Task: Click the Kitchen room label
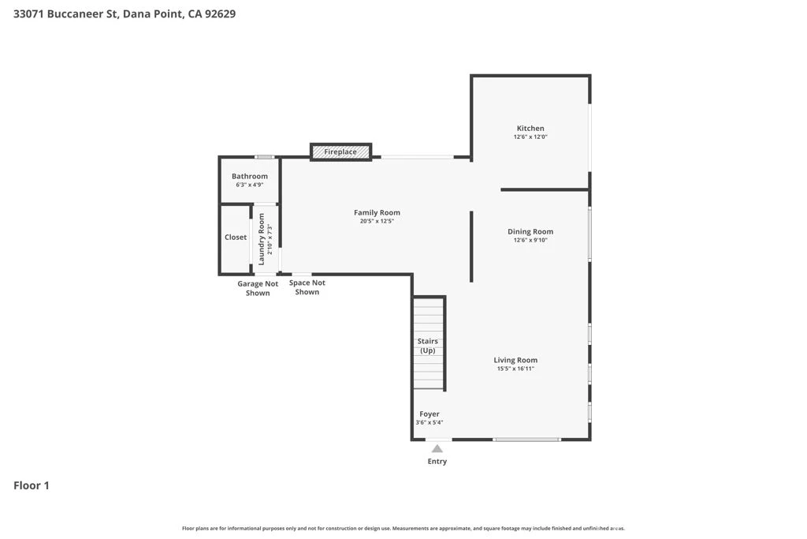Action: [x=530, y=129]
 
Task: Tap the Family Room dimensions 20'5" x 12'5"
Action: [x=377, y=221]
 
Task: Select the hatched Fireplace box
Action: [x=340, y=152]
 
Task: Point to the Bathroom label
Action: [x=250, y=176]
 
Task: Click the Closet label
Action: [x=236, y=237]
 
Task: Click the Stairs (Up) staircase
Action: [x=429, y=342]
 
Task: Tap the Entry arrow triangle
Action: [x=437, y=448]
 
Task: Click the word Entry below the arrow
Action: [x=437, y=461]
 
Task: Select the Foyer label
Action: [x=430, y=414]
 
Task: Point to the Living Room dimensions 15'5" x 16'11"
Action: [x=515, y=369]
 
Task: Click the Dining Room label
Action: [x=530, y=231]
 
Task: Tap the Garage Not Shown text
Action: [x=258, y=288]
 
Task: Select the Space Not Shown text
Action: [x=307, y=287]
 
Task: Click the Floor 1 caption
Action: [x=32, y=485]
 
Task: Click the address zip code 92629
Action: [x=221, y=14]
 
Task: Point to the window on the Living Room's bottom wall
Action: [x=526, y=440]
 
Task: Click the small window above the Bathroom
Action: [x=265, y=157]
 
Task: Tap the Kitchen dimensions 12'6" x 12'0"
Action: [x=530, y=137]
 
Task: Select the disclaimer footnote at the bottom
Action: [x=403, y=528]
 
